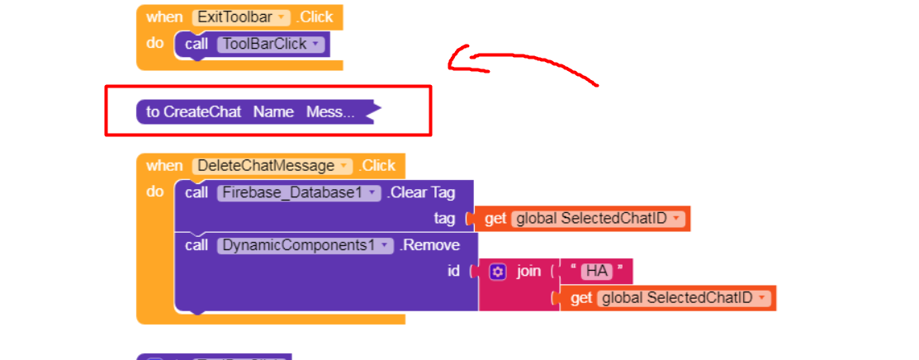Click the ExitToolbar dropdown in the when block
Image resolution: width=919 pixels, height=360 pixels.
tap(241, 17)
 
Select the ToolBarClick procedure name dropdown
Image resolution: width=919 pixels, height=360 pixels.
tap(271, 44)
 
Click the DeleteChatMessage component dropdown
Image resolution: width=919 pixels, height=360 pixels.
tap(272, 165)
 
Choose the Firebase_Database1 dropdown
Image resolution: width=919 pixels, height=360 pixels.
tap(300, 192)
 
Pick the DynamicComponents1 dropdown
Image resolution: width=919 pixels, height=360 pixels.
tap(305, 245)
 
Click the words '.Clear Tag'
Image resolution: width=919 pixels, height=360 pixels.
tap(421, 192)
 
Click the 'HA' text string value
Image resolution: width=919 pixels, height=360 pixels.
tap(595, 271)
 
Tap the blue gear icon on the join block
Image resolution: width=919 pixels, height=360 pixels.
tap(497, 271)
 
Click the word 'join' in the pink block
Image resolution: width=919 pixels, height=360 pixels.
tap(528, 271)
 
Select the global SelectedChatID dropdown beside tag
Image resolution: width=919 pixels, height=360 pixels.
tap(598, 219)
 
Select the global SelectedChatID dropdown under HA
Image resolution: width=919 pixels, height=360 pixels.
tap(684, 297)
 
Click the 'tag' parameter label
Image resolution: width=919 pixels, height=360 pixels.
tap(444, 219)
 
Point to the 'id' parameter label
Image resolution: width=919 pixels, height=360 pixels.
tap(453, 271)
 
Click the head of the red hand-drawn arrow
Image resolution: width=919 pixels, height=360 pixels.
tap(451, 62)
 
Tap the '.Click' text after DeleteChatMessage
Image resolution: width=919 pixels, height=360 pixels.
tap(377, 165)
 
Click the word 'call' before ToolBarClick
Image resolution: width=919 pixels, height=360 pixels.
tap(197, 44)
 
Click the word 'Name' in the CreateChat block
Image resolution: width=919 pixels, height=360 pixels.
tap(273, 111)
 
